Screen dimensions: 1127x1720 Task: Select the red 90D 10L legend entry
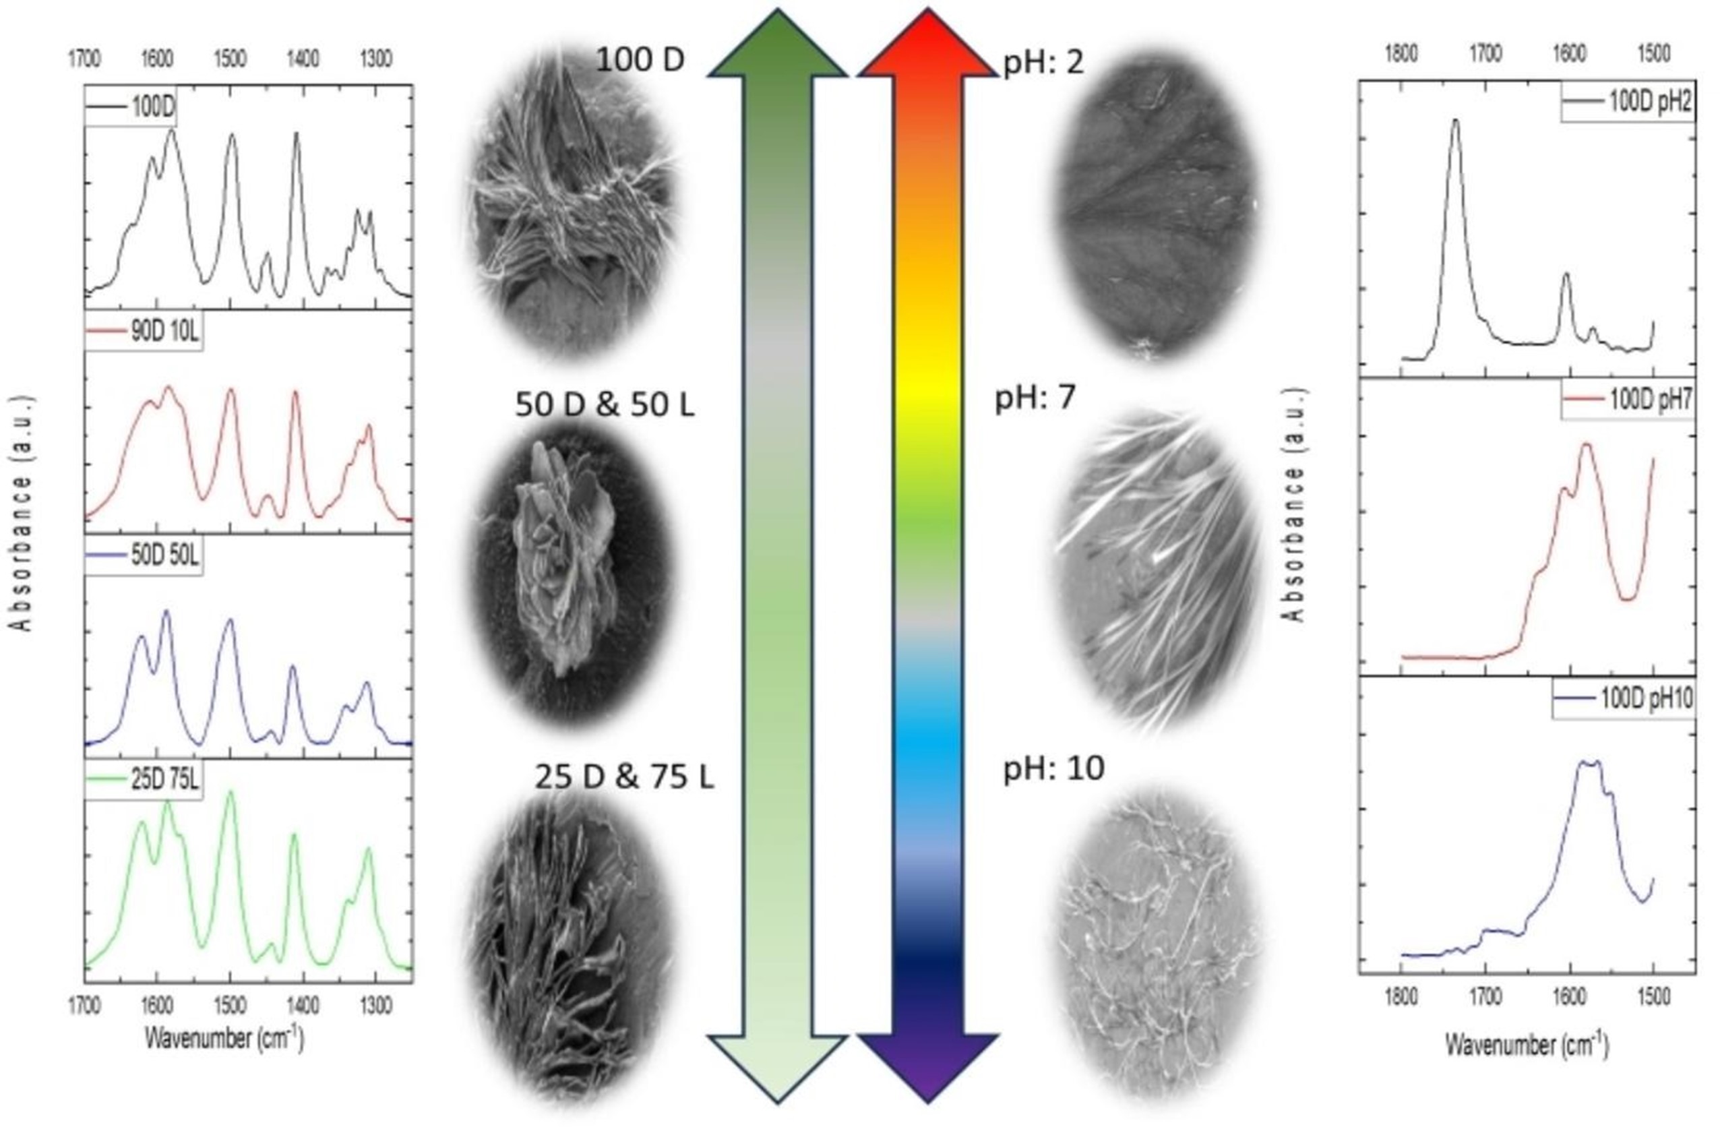[x=144, y=332]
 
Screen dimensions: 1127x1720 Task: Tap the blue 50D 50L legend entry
[x=144, y=555]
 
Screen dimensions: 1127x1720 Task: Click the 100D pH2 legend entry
[x=1628, y=102]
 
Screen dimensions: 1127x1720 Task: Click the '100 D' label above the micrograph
[x=640, y=60]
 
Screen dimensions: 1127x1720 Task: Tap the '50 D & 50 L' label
[x=604, y=405]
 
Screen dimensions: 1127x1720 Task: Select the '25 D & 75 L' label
[x=623, y=777]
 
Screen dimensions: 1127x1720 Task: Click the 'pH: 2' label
[x=1043, y=63]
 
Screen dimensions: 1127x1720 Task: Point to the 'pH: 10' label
[x=1053, y=768]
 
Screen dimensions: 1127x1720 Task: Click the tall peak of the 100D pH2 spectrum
[x=1456, y=123]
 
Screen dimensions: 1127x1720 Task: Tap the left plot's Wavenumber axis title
[x=224, y=1039]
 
